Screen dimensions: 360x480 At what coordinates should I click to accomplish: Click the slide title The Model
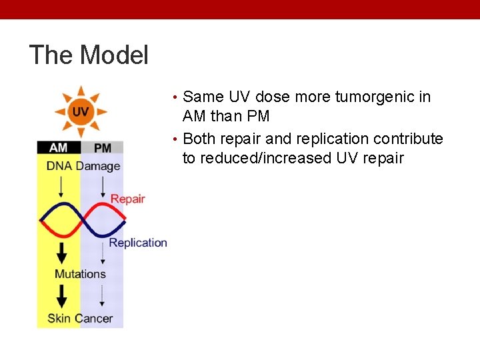click(89, 55)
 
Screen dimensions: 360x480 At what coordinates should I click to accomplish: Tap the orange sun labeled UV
click(80, 111)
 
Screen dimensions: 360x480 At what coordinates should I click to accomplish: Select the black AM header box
click(58, 147)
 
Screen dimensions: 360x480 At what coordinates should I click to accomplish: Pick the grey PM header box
click(102, 147)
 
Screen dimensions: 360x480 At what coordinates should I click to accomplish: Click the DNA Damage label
click(83, 166)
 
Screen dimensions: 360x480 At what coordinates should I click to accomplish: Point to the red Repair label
click(127, 199)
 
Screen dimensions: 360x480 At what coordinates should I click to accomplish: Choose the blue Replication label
click(138, 243)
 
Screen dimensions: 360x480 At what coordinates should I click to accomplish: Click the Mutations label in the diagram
click(80, 273)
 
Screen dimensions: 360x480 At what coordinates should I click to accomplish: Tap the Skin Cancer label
click(80, 318)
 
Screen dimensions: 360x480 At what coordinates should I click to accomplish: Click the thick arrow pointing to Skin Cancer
click(61, 296)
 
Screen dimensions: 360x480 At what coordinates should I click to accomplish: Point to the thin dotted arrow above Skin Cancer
click(102, 296)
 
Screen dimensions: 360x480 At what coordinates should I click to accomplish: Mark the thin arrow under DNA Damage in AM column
click(61, 187)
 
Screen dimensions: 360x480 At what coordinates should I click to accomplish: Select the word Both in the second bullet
click(199, 139)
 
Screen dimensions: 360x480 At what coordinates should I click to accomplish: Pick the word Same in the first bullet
click(202, 97)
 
